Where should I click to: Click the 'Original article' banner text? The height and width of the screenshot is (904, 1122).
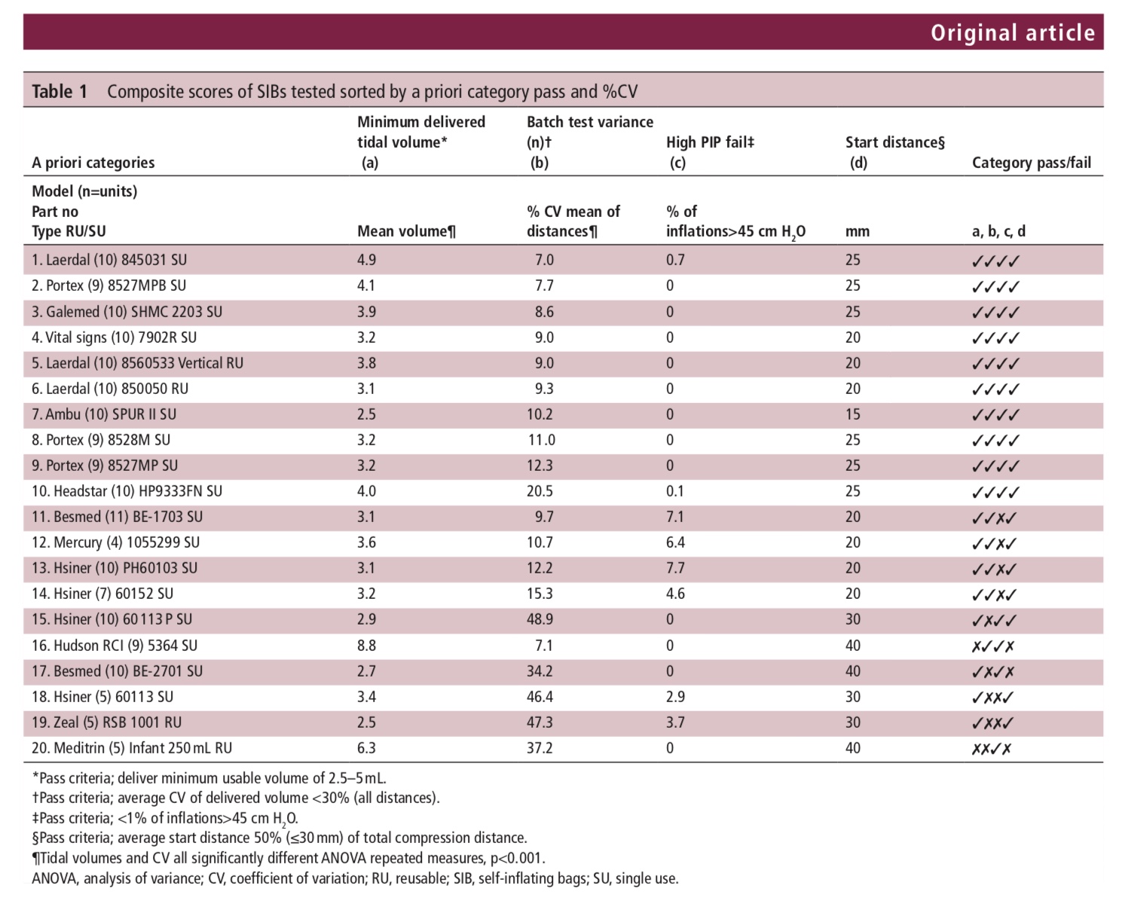[1012, 32]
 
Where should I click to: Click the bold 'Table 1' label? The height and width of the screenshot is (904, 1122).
[60, 91]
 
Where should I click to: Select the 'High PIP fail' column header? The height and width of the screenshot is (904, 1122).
[710, 142]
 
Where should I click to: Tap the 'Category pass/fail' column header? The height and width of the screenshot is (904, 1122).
[1031, 163]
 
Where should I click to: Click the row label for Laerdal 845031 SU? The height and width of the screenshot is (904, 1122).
[109, 260]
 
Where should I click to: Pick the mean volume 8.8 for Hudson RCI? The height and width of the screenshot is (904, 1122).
[366, 646]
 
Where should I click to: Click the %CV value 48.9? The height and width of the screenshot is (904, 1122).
[540, 619]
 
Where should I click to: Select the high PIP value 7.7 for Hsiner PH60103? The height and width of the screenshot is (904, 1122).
[675, 568]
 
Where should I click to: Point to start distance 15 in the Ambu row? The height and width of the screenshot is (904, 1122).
[853, 414]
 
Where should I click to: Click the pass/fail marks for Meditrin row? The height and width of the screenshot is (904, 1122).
[991, 749]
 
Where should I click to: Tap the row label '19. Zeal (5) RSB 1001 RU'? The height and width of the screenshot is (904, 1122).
[106, 722]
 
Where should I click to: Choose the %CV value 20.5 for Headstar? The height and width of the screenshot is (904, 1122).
[540, 491]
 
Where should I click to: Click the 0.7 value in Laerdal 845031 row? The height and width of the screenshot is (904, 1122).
[675, 260]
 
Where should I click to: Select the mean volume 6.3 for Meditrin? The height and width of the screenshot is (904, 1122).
[366, 748]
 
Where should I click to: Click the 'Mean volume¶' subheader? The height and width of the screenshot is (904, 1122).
[406, 231]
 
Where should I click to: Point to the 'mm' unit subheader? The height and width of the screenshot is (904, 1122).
[858, 231]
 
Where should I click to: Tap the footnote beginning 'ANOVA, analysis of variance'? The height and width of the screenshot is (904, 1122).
[355, 878]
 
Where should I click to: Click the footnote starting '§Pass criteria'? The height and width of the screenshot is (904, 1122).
[280, 838]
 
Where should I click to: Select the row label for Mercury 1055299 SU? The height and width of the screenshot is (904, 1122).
[116, 542]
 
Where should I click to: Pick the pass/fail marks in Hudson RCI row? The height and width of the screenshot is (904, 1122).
[993, 646]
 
